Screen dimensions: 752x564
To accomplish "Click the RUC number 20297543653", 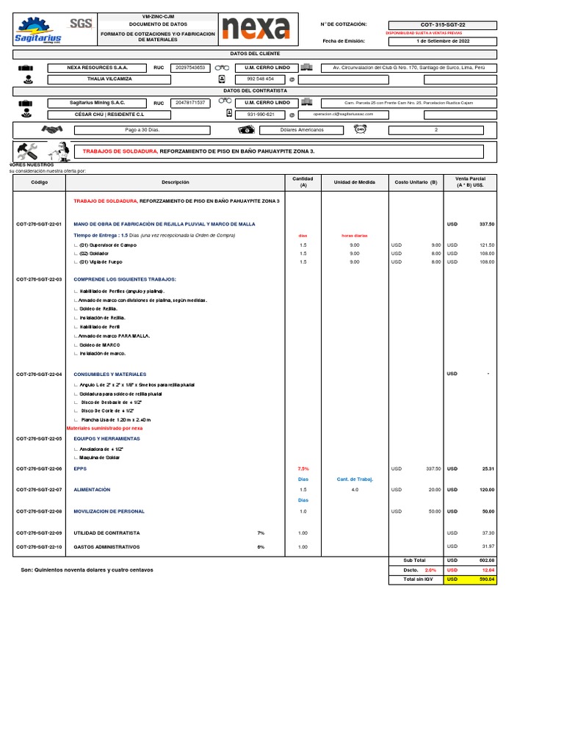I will click(189, 68).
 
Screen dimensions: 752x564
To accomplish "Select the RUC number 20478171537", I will click(189, 103).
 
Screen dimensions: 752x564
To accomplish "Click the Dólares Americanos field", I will click(302, 129).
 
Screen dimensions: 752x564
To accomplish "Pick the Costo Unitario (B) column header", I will click(416, 182).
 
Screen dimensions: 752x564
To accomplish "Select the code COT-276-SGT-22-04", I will click(39, 374).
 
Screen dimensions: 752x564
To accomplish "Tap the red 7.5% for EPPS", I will click(303, 469).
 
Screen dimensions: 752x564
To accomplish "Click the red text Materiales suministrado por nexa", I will click(105, 427).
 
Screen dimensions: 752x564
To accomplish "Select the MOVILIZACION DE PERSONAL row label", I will click(109, 510).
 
